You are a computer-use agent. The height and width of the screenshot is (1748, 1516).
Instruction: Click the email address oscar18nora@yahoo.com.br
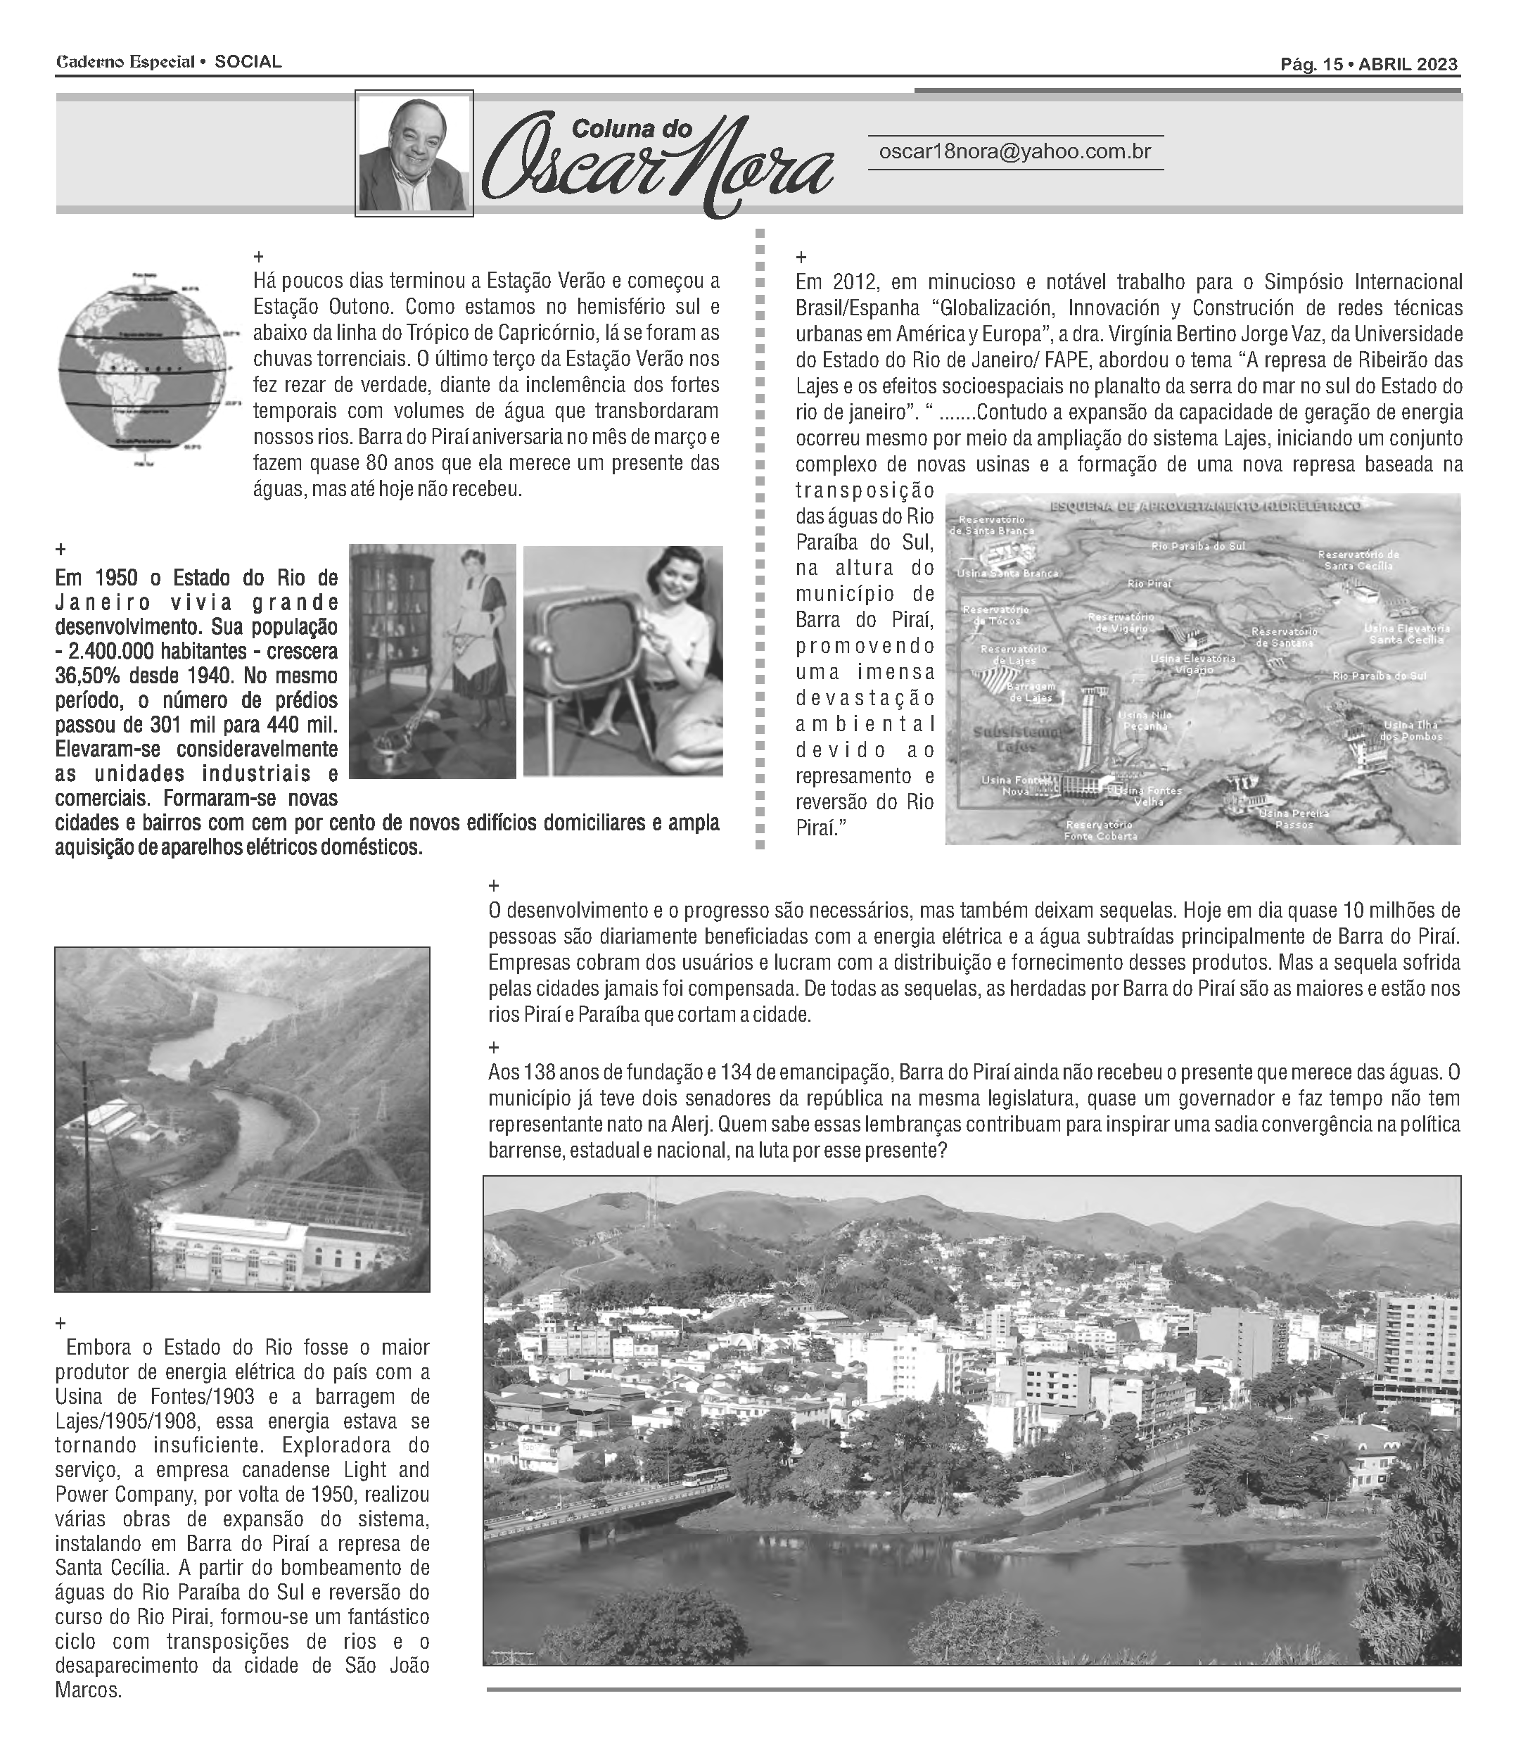click(1015, 152)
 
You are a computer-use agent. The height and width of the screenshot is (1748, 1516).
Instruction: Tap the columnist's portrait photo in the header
click(414, 153)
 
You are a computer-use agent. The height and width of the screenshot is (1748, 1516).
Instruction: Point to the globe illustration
click(144, 369)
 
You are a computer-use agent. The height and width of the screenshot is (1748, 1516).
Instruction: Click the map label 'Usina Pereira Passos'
click(1294, 818)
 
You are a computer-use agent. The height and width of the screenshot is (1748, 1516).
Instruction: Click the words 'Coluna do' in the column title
click(632, 129)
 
